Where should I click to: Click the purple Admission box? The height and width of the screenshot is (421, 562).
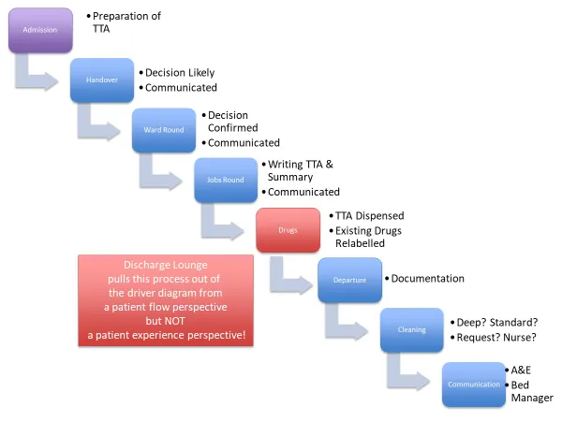[40, 30]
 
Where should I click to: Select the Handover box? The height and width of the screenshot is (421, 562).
[102, 80]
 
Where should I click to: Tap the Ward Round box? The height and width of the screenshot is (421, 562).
[164, 130]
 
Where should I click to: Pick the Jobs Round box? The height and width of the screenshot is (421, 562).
[225, 180]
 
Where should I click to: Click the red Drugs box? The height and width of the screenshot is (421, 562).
[288, 230]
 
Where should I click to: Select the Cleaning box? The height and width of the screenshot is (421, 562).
[411, 329]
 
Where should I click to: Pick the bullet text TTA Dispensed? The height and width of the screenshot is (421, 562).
[370, 215]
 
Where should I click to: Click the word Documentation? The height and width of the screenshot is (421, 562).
[427, 278]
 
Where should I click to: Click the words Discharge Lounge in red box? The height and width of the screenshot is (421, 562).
[165, 266]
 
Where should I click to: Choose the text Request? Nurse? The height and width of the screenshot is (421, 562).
[500, 337]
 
